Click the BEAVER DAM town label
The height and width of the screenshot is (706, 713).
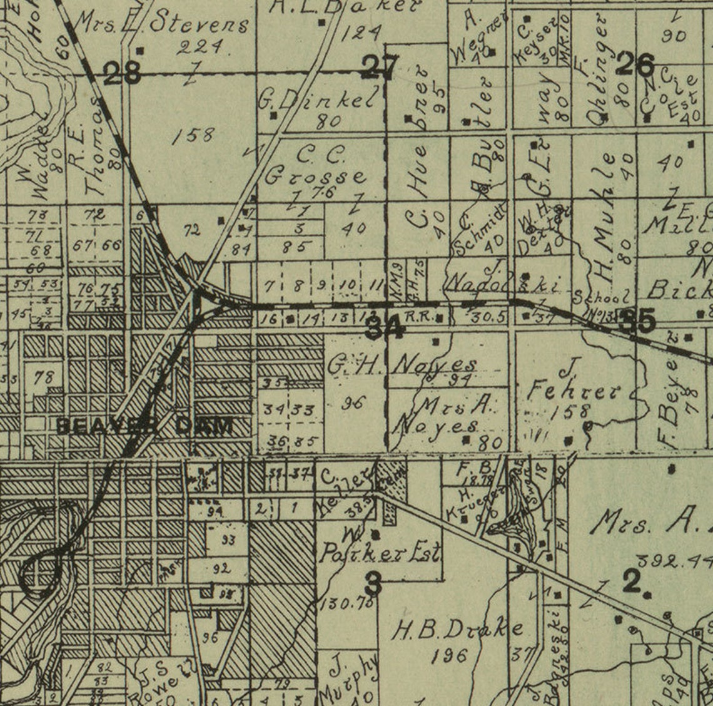coord(145,426)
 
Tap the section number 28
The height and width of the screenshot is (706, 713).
coord(122,74)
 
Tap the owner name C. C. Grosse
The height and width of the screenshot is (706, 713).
coord(316,166)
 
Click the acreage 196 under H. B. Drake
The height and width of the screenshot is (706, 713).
coord(450,655)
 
